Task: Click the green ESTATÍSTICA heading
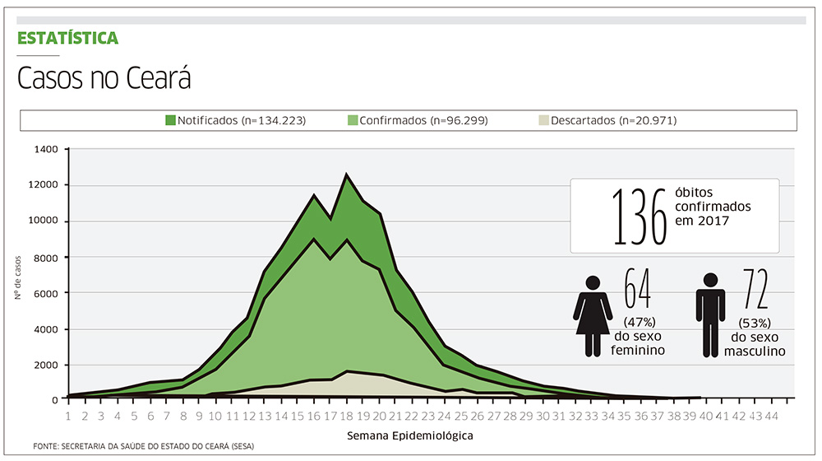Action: (68, 38)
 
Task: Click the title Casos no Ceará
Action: (104, 79)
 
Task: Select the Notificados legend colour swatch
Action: (170, 120)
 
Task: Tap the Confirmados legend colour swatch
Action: (353, 120)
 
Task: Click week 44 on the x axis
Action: (772, 417)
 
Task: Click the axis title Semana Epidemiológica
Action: (410, 434)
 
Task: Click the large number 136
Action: (639, 216)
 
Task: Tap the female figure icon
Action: (592, 315)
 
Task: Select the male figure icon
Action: (710, 315)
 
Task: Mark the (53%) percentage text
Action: (755, 322)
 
